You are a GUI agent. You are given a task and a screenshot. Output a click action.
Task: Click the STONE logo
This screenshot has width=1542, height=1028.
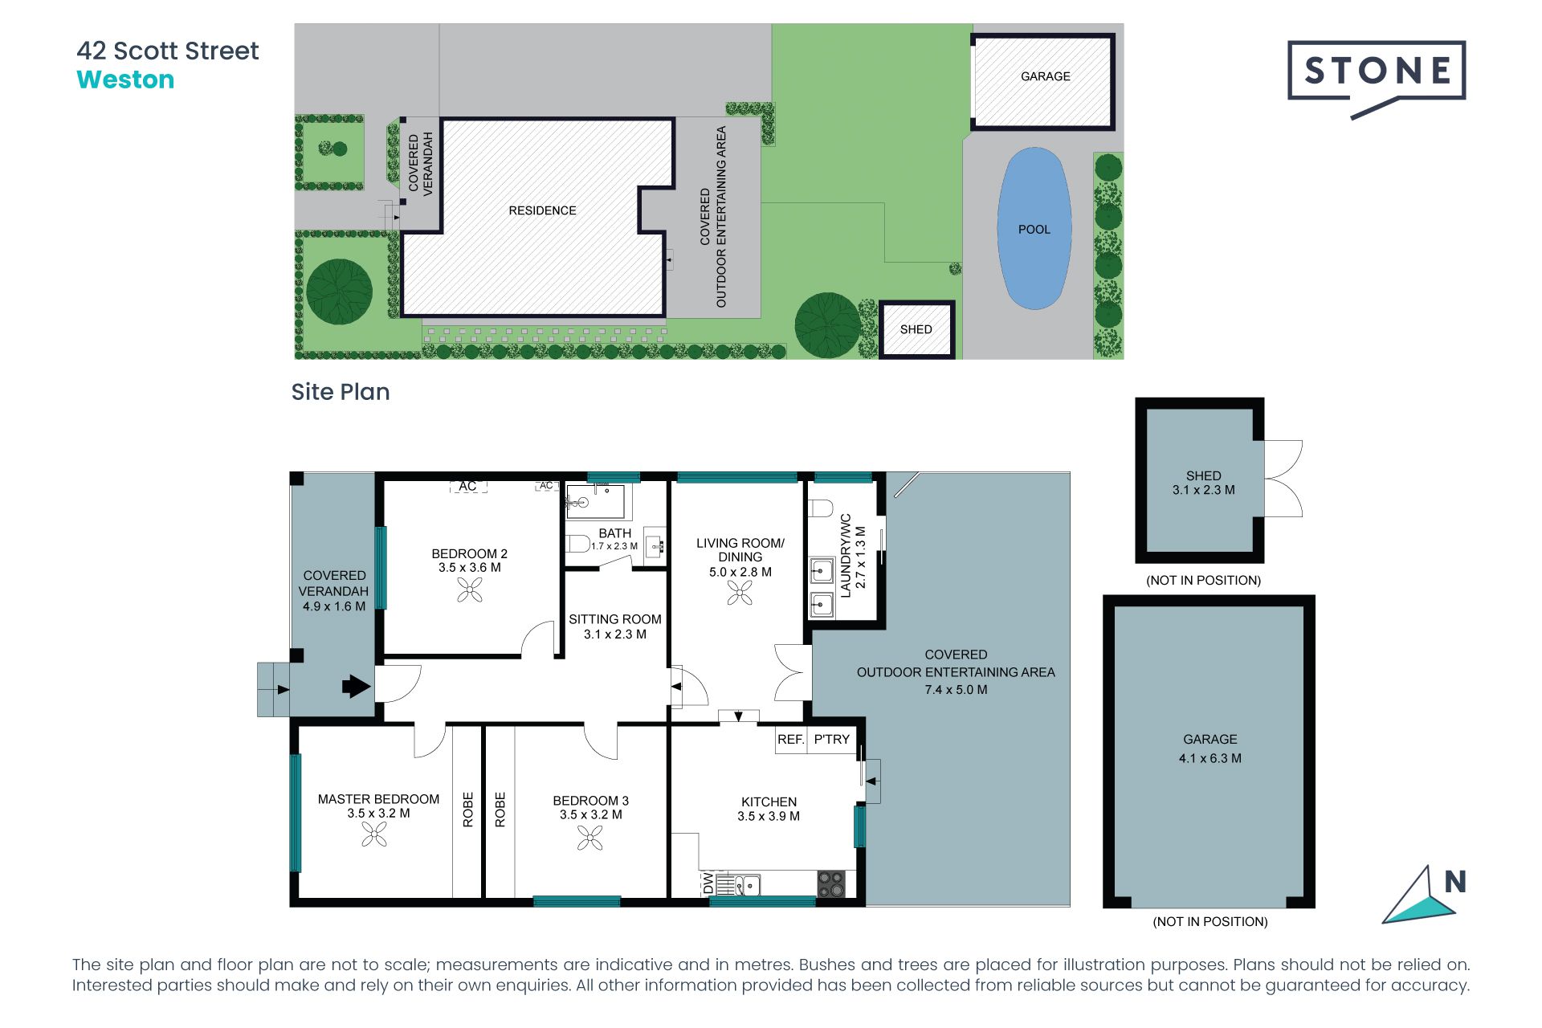click(1377, 72)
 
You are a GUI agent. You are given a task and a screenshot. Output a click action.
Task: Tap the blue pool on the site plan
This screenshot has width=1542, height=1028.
click(1034, 229)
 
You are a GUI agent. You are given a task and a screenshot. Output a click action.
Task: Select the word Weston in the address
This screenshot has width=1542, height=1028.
click(125, 80)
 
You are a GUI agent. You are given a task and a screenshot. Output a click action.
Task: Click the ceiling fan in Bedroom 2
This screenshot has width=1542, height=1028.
click(470, 591)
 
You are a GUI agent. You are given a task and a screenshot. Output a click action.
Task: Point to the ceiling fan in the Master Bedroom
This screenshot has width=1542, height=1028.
click(374, 835)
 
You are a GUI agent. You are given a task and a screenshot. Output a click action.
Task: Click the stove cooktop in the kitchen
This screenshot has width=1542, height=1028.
click(831, 884)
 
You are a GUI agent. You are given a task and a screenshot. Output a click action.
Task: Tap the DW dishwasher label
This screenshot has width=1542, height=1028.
click(708, 883)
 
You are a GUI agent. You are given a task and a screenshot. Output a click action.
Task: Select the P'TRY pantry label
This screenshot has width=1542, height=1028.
click(831, 739)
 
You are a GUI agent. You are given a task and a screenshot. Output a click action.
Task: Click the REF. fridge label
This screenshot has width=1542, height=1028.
click(790, 739)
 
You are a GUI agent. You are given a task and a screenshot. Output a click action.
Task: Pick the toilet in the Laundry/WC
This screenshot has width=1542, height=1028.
click(820, 508)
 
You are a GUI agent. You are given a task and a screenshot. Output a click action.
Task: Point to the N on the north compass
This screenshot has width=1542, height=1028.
click(1454, 882)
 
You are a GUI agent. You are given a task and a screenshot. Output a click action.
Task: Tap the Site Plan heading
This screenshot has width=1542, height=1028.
click(341, 392)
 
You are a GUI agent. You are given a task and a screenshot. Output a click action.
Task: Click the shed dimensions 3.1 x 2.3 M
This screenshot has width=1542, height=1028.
click(1203, 490)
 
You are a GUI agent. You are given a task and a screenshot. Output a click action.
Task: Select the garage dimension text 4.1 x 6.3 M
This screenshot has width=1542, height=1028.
click(1210, 758)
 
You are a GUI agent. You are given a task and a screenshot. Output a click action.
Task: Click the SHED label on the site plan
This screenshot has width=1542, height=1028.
click(916, 329)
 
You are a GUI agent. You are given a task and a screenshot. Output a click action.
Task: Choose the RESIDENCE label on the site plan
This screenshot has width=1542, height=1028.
click(542, 210)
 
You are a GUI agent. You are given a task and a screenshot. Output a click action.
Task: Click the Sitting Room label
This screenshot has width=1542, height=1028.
click(615, 619)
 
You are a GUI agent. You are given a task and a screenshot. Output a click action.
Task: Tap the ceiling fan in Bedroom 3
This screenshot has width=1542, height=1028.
click(590, 838)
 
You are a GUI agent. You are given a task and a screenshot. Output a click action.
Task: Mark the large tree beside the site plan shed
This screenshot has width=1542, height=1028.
click(827, 325)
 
